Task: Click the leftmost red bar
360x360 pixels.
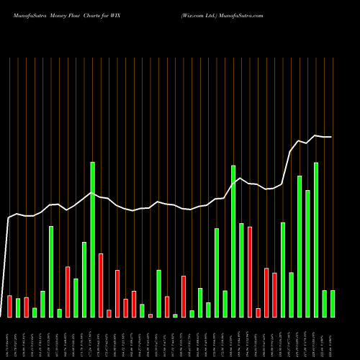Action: [x=9, y=306]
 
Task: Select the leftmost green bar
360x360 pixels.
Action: [x=18, y=307]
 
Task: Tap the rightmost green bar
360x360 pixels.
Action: [x=333, y=303]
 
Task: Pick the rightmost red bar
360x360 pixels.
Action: [x=274, y=295]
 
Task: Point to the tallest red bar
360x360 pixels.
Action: [x=250, y=271]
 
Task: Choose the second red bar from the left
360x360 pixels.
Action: [x=26, y=307]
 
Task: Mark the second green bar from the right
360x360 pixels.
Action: [x=324, y=303]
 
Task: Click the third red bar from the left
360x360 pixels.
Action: [x=68, y=292]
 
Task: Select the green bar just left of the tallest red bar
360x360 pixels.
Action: [x=241, y=270]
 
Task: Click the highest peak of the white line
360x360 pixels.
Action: [x=315, y=135]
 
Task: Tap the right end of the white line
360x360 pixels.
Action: [x=332, y=137]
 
